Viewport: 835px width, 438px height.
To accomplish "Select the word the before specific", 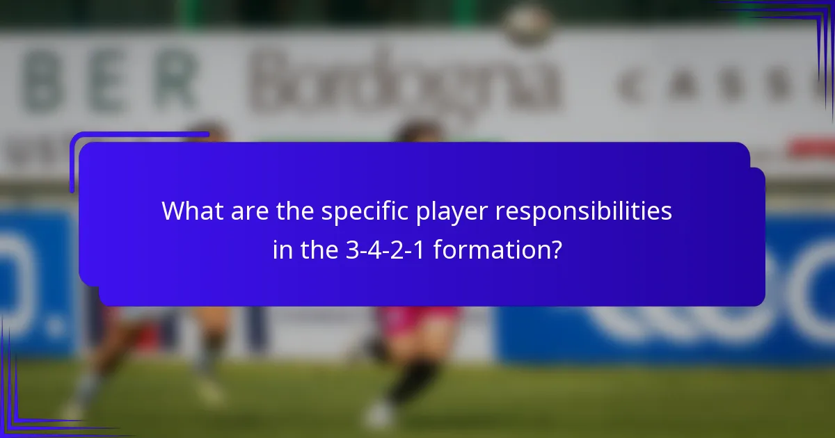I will click(x=295, y=211).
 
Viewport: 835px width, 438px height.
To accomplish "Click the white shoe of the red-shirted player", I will click(x=379, y=415).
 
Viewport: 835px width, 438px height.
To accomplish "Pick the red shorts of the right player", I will click(x=417, y=320).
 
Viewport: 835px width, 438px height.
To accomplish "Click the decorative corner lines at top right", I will click(x=814, y=28).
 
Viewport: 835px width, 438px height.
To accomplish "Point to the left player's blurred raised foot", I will click(x=209, y=393).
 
